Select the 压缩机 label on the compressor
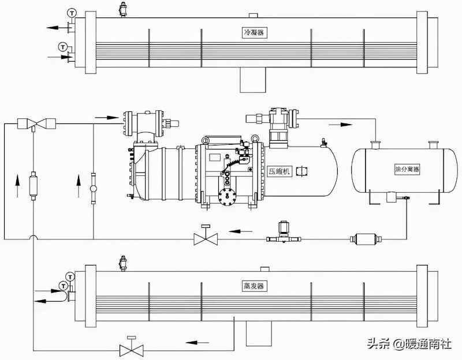click(x=280, y=171)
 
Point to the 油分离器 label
click(x=407, y=169)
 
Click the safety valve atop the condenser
click(x=122, y=9)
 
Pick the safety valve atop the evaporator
click(x=123, y=263)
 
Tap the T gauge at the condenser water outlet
click(x=72, y=13)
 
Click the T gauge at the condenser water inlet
click(x=62, y=47)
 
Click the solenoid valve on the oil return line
click(x=284, y=232)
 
